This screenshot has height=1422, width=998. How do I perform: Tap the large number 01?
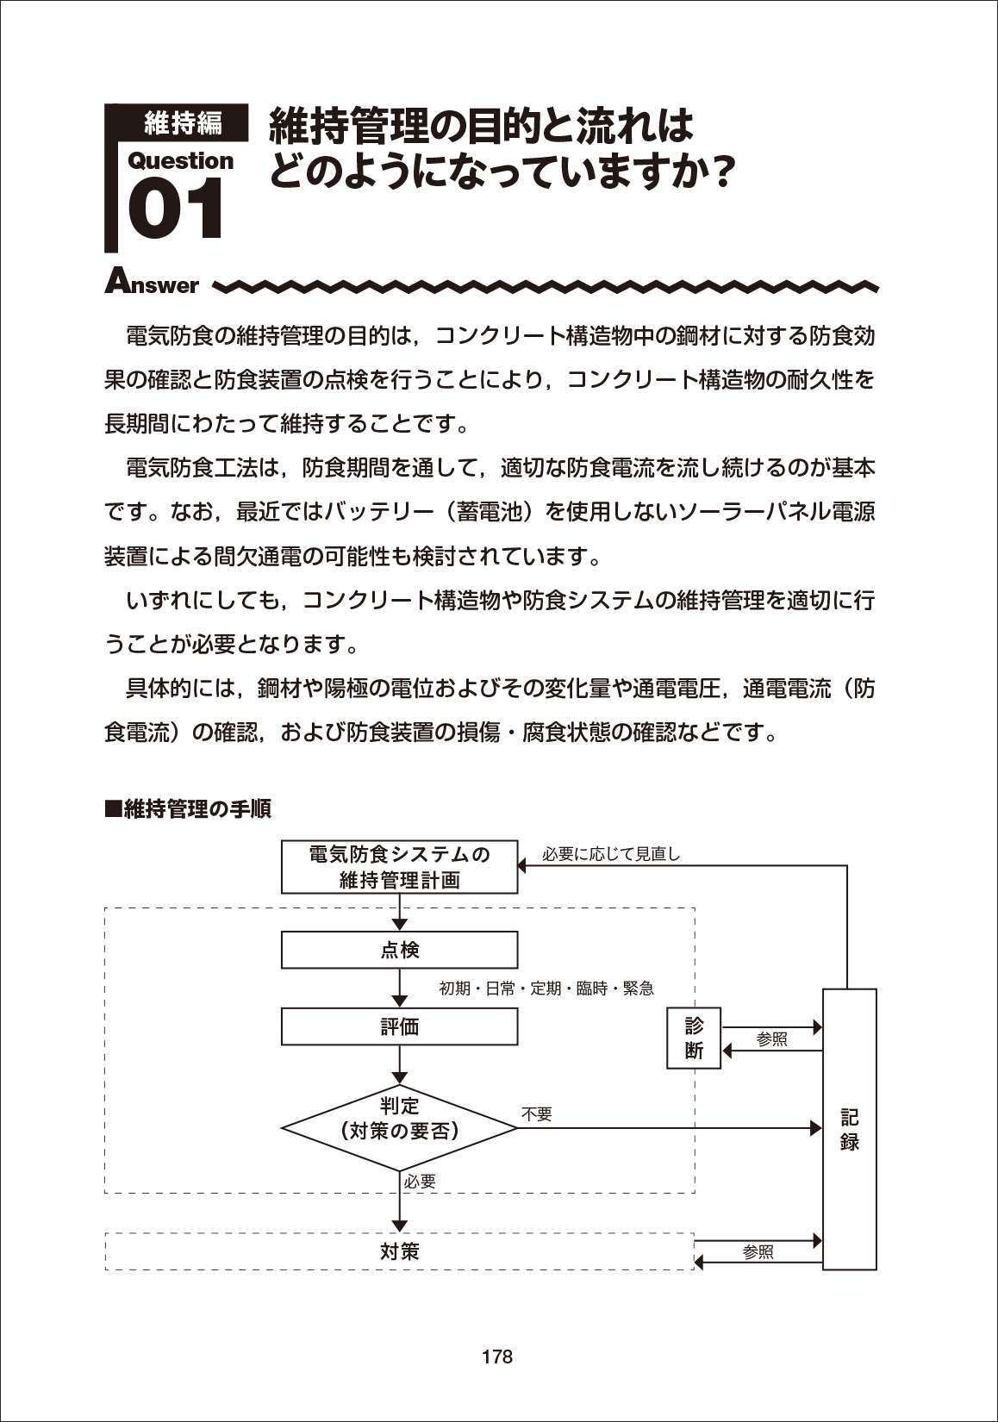tap(176, 209)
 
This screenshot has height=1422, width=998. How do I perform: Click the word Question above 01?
tap(181, 162)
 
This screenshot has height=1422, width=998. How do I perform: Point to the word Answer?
tap(152, 282)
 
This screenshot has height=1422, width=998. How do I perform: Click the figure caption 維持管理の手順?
tap(188, 808)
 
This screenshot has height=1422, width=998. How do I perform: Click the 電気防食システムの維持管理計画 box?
tap(399, 866)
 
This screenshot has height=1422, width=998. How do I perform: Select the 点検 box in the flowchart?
tap(399, 950)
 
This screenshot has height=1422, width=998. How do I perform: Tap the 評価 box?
tap(399, 1026)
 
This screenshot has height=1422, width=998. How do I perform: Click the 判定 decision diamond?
tap(399, 1128)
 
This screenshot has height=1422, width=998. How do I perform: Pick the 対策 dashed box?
tap(399, 1251)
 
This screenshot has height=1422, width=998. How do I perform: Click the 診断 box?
tap(694, 1038)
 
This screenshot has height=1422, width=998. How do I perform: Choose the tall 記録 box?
tap(850, 1129)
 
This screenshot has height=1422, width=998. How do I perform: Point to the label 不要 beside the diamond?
tap(536, 1114)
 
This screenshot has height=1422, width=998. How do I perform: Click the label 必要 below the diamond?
tap(420, 1182)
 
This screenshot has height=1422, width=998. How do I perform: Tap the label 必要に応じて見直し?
tap(611, 854)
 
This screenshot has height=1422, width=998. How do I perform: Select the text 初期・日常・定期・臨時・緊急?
tap(546, 989)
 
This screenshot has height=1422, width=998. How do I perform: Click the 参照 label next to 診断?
tap(772, 1039)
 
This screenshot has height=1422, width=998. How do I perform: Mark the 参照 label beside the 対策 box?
tap(758, 1252)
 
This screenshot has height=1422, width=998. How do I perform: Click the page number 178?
tap(497, 1357)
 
